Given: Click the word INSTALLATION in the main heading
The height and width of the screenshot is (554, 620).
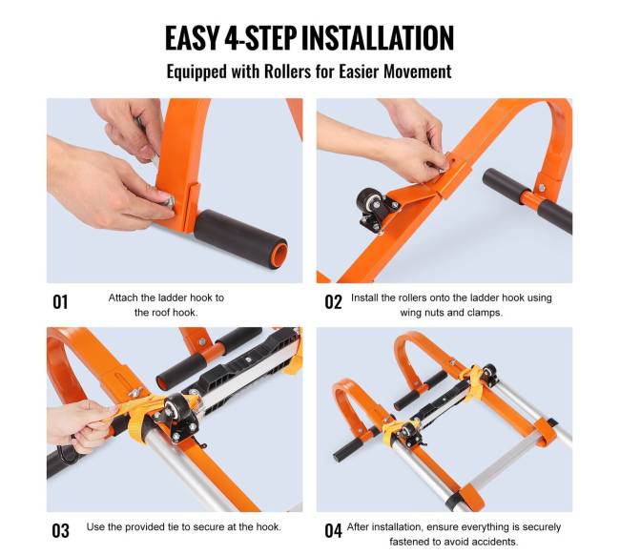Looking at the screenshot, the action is (377, 37).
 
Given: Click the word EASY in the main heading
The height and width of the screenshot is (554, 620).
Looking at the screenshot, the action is (192, 37).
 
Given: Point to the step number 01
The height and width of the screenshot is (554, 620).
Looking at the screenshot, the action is (60, 302).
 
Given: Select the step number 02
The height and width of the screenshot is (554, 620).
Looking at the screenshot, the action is (333, 302).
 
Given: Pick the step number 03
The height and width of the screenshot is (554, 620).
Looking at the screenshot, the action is (60, 531).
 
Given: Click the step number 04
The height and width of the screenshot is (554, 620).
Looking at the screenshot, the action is (333, 531).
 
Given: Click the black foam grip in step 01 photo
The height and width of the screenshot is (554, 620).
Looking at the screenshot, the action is (240, 239).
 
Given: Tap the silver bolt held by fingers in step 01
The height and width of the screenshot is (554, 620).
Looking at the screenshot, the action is (169, 203).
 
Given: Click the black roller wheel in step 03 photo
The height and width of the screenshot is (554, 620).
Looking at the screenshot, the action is (176, 410).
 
